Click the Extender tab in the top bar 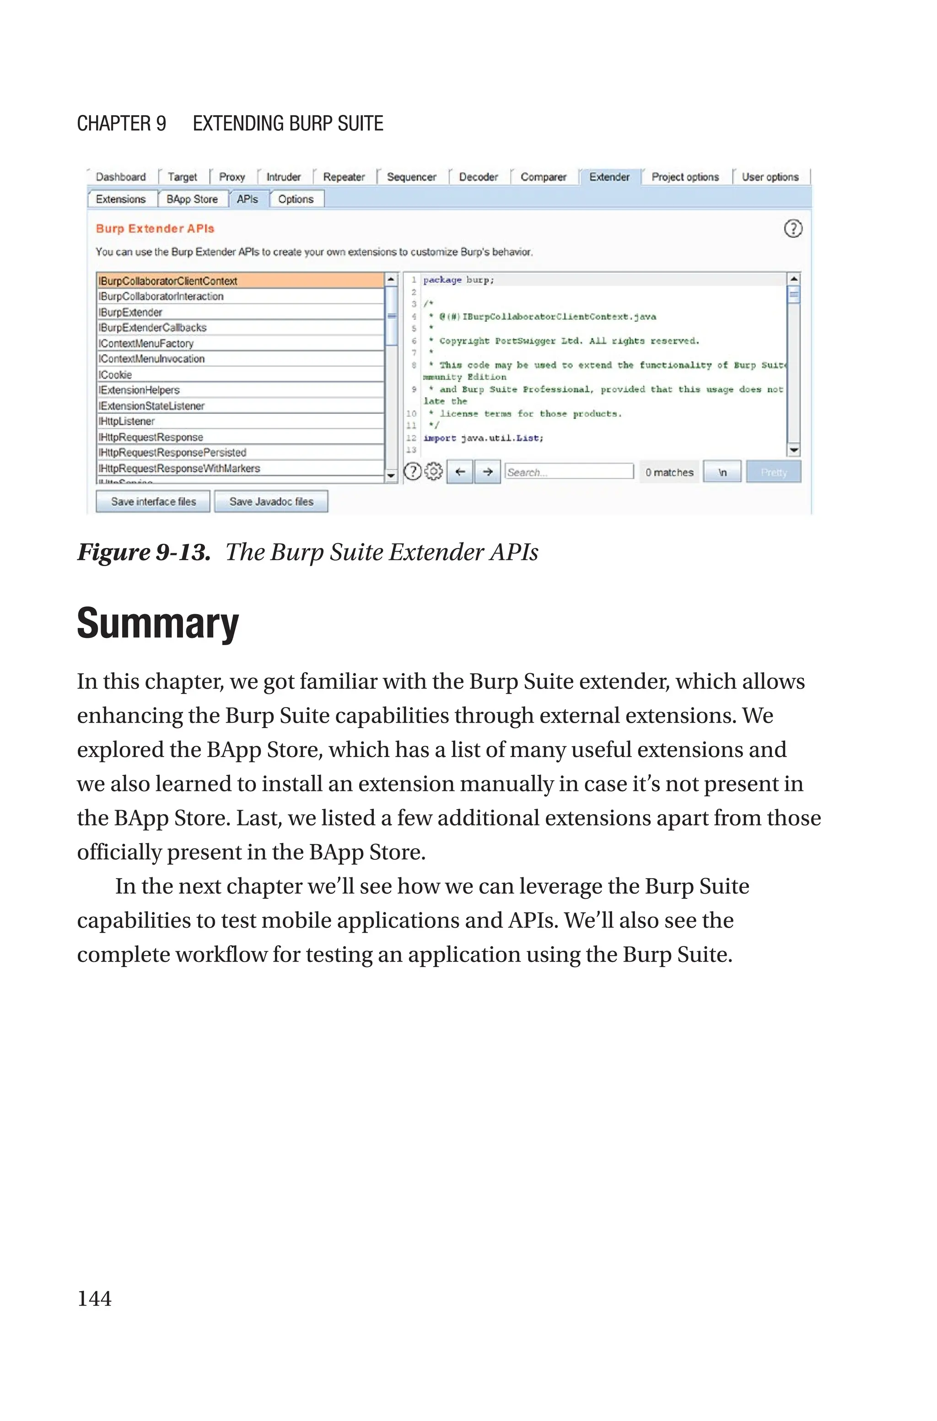609,177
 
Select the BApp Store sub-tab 192,199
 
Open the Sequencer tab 411,177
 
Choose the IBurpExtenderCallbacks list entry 152,328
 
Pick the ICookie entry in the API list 115,375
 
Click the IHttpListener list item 127,421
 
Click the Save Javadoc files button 271,501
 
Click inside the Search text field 568,472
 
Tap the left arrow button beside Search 459,472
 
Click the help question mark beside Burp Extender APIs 792,228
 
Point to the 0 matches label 669,472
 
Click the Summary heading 158,624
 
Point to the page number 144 94,1298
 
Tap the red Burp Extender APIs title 155,228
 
